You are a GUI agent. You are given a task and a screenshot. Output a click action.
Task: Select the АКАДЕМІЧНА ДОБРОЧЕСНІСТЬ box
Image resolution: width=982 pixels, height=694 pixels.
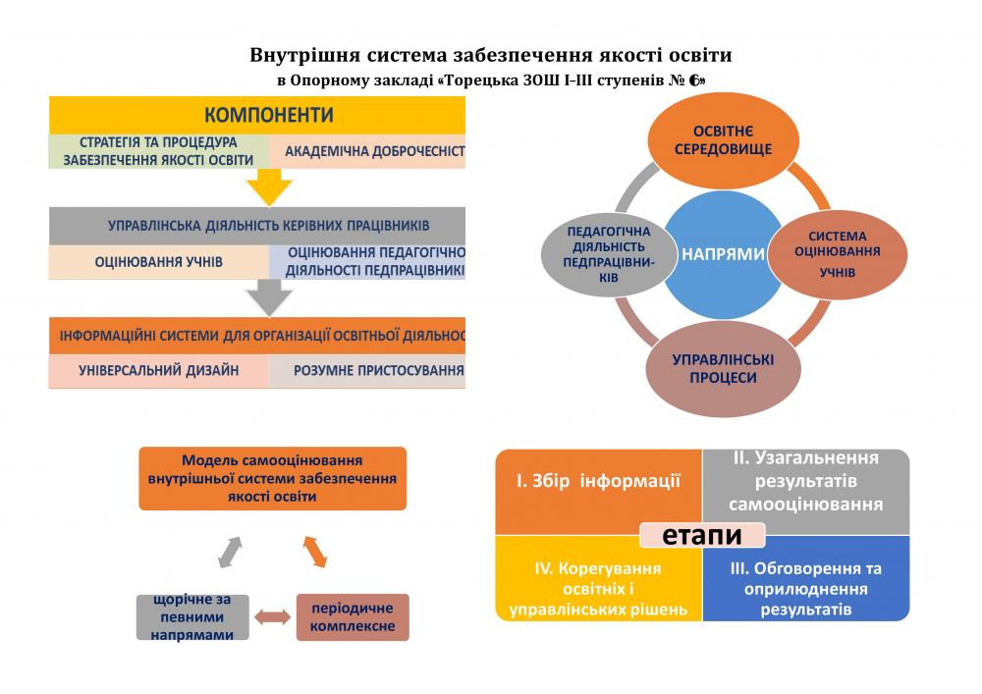click(367, 152)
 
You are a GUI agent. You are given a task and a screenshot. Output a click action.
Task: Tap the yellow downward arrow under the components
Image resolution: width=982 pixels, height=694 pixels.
click(269, 187)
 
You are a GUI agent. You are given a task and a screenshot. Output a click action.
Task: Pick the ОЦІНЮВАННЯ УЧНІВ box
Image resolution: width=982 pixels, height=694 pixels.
click(158, 262)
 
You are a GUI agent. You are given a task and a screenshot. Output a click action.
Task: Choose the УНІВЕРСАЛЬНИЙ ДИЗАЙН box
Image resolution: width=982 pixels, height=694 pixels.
click(158, 371)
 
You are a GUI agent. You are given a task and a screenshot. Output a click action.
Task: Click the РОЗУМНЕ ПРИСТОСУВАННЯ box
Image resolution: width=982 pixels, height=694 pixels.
click(366, 371)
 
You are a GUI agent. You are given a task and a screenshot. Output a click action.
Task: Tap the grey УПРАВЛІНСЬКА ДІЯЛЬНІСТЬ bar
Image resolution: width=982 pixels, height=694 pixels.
click(256, 225)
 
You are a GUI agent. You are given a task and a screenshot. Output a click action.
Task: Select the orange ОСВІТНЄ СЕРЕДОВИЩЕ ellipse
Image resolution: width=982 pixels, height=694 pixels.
click(724, 140)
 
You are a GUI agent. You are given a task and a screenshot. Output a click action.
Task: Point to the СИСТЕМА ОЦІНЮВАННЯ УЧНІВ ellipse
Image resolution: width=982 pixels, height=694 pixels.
click(837, 254)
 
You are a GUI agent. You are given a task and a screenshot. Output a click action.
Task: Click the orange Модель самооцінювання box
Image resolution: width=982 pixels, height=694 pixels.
click(272, 478)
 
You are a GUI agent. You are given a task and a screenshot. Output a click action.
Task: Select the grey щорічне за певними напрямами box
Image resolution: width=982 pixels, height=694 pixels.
click(192, 616)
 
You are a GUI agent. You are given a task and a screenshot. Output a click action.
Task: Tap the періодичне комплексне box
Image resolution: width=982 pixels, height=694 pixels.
click(353, 617)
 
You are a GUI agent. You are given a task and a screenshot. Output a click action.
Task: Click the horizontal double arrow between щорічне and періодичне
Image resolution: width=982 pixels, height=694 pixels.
click(273, 617)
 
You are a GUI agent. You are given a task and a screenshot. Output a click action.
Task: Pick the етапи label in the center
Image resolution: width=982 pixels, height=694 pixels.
click(701, 535)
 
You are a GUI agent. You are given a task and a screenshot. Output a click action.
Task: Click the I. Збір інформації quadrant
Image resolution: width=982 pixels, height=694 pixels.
click(598, 482)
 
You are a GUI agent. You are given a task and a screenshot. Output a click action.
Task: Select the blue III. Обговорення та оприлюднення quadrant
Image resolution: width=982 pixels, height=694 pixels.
click(806, 586)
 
